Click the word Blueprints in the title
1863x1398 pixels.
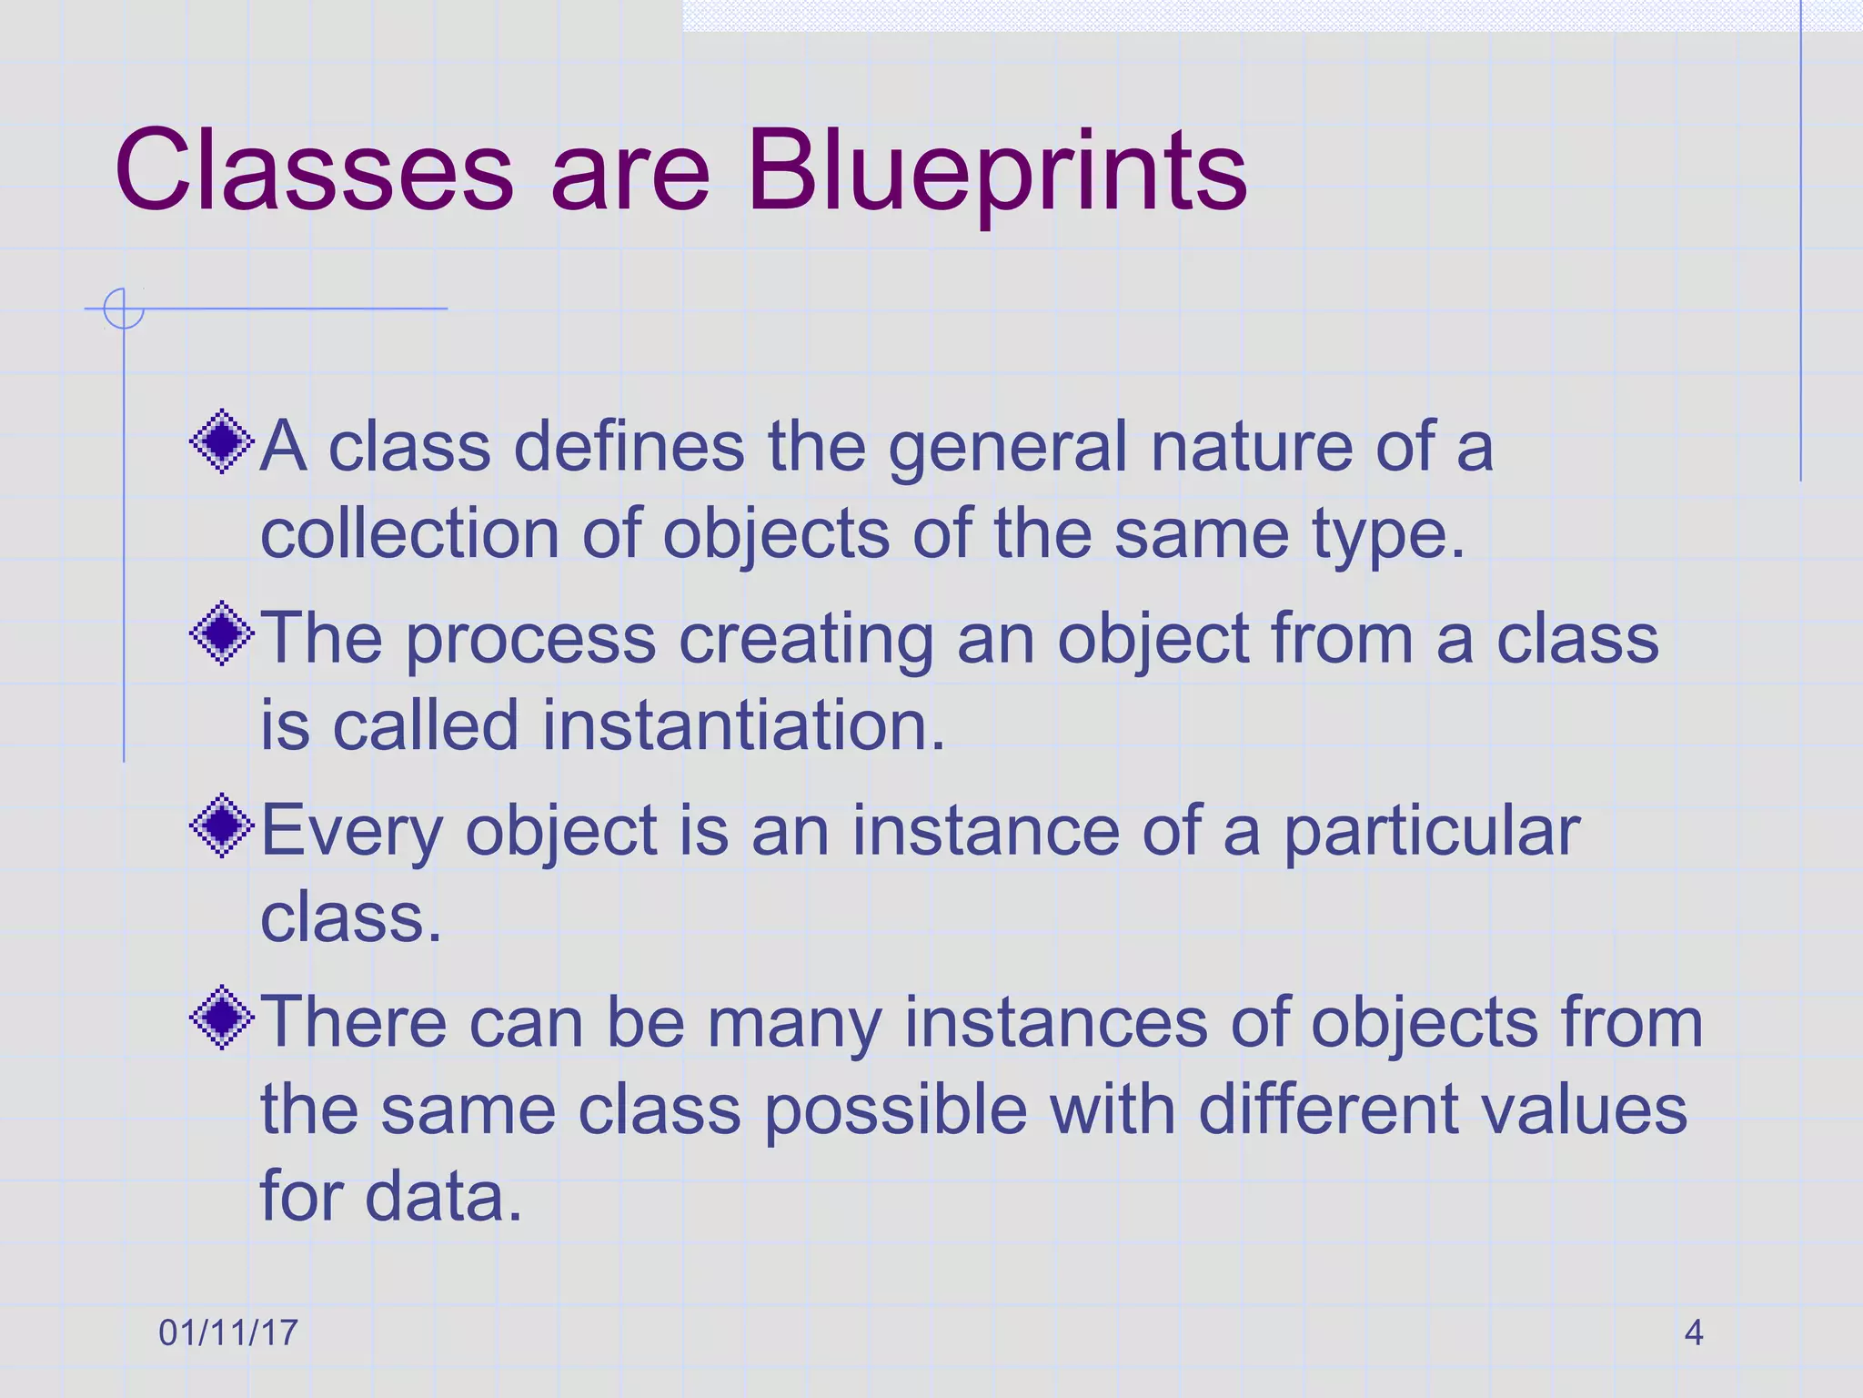click(x=996, y=173)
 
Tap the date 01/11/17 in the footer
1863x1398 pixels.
click(x=227, y=1332)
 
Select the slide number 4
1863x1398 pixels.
click(x=1693, y=1332)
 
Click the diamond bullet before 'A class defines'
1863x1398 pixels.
click(x=222, y=442)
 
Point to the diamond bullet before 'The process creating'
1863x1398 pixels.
click(x=222, y=633)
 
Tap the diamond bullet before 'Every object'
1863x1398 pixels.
click(x=222, y=826)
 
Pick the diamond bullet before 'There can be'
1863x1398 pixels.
click(x=222, y=1018)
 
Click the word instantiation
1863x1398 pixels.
click(x=744, y=725)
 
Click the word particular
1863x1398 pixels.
click(x=1431, y=832)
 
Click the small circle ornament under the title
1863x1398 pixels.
click(x=123, y=309)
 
